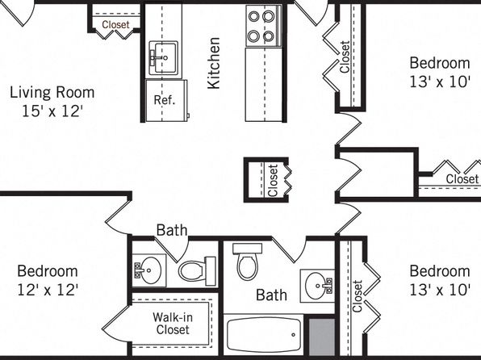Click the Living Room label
(x=52, y=93)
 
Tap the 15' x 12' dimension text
(x=52, y=111)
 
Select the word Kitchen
(x=214, y=63)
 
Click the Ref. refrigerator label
(x=165, y=100)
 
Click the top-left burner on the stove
(x=254, y=16)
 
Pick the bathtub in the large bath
(x=264, y=334)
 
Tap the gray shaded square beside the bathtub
(x=321, y=337)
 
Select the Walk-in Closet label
(x=173, y=323)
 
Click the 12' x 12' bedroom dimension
(x=48, y=290)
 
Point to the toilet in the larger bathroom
(x=247, y=262)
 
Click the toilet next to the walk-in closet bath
(x=197, y=271)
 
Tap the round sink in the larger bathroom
(x=317, y=286)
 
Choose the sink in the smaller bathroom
(x=148, y=270)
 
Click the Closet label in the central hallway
(x=273, y=181)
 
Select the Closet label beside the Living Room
(x=115, y=24)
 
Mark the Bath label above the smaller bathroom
(x=171, y=230)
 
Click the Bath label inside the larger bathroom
(x=271, y=295)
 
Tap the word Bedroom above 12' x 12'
(x=48, y=271)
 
